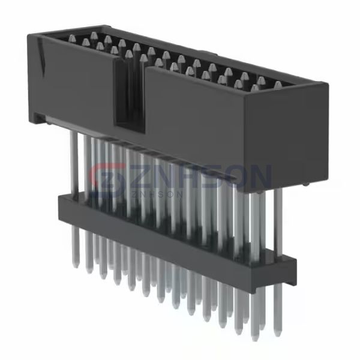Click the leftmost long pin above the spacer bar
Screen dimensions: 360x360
pyautogui.click(x=73, y=162)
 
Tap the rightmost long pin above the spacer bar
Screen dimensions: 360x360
pyautogui.click(x=278, y=222)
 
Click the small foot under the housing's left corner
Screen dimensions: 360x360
pyautogui.click(x=40, y=118)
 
